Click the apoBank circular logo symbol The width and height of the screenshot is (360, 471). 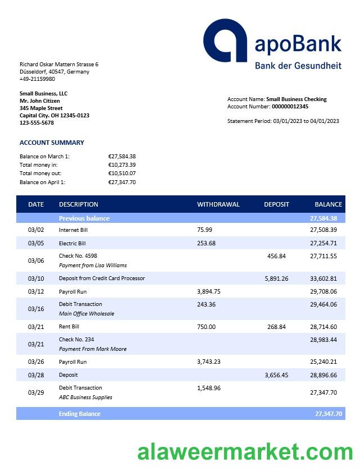tap(225, 40)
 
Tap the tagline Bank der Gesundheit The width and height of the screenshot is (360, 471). tap(298, 66)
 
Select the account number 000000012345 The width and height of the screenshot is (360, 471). tap(290, 106)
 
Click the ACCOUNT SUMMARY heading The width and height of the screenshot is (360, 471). tap(52, 143)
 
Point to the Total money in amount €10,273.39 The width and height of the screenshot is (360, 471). tap(122, 165)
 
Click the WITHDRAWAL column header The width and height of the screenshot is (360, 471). tap(218, 204)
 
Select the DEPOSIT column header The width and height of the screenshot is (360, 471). tap(276, 204)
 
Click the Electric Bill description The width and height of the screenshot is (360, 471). tap(72, 243)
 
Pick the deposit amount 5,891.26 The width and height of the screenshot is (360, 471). tap(276, 278)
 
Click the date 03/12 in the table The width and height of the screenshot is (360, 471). tap(35, 291)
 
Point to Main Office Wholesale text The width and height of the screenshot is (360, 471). tap(86, 313)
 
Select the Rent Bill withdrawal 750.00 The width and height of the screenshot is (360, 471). tap(206, 327)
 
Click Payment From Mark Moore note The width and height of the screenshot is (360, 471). tap(93, 349)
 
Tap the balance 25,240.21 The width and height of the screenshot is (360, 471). tap(323, 362)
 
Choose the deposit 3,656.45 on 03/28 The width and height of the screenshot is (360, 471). tap(276, 375)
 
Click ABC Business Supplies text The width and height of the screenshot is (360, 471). tap(85, 397)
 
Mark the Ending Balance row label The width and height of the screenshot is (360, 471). tap(79, 414)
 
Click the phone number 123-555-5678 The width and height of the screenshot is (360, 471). tap(37, 122)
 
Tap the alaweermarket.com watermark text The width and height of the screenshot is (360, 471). tap(245, 451)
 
